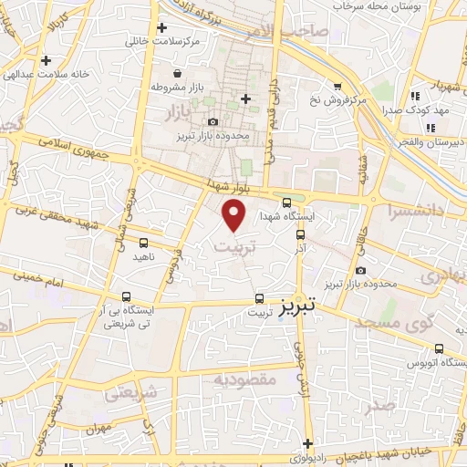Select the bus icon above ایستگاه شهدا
pyautogui.click(x=287, y=203)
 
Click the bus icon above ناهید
pyautogui.click(x=143, y=243)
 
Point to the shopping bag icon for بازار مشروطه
pyautogui.click(x=177, y=73)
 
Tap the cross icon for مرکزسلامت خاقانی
pyautogui.click(x=162, y=28)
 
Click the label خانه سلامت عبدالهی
pyautogui.click(x=47, y=74)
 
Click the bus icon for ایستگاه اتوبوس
pyautogui.click(x=440, y=348)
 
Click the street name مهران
pyautogui.click(x=101, y=426)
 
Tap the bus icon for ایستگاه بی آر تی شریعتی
pyautogui.click(x=126, y=297)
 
